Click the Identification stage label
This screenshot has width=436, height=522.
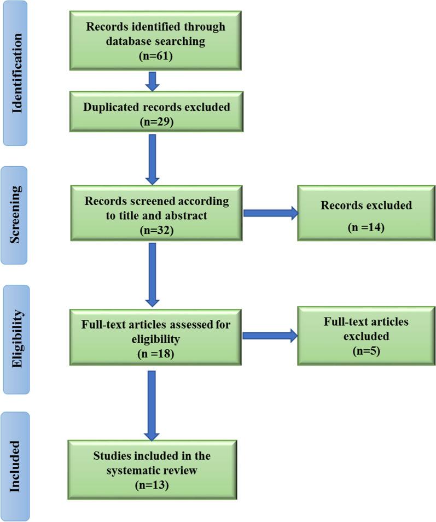[x=18, y=73]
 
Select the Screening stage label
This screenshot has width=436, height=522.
[x=18, y=215]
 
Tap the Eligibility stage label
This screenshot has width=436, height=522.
[x=18, y=338]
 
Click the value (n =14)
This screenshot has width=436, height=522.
[x=366, y=226]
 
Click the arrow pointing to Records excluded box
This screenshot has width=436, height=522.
[x=270, y=213]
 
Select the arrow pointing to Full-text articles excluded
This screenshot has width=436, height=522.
[x=270, y=336]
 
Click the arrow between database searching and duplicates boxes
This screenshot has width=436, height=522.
[x=153, y=81]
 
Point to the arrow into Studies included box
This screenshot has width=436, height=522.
[x=153, y=405]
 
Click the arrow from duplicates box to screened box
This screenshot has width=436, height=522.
[x=153, y=159]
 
